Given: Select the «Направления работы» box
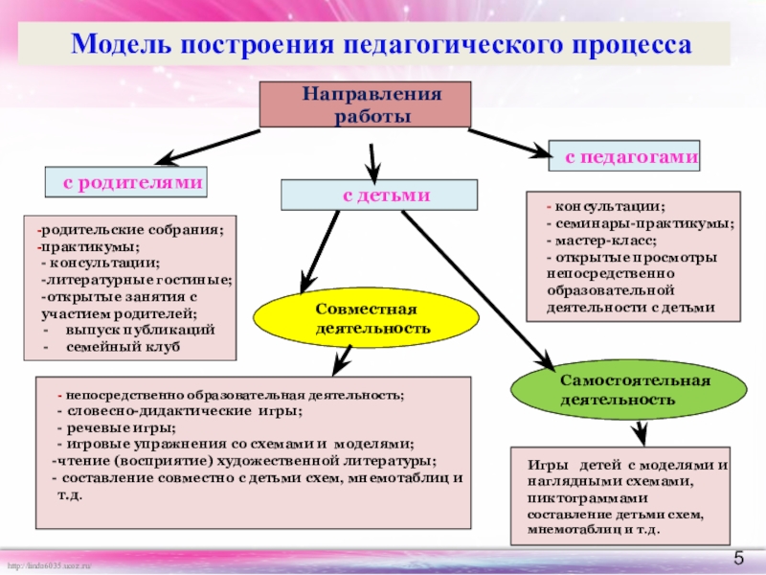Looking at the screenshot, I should coord(365,104).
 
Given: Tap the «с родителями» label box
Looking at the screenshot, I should coord(127,181).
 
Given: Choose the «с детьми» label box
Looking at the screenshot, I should coord(379,195).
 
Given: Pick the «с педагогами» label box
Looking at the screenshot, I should coord(623,155).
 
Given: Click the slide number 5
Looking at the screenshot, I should coord(739,559).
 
